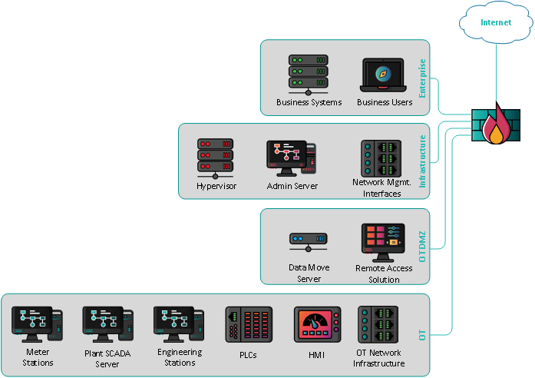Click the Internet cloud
click(495, 24)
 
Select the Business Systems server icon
click(309, 75)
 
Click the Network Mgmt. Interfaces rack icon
click(381, 158)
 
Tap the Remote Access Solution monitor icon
click(383, 243)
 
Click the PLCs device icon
click(249, 324)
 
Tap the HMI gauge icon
click(317, 324)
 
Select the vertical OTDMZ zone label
click(421, 244)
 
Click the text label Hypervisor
click(216, 186)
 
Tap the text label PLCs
click(249, 354)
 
